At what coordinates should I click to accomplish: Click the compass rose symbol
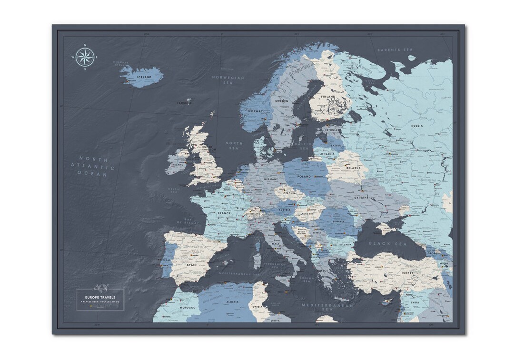(x=85, y=58)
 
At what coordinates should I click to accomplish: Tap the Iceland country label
(x=144, y=77)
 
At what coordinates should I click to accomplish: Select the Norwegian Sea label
(x=228, y=80)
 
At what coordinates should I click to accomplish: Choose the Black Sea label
(x=386, y=243)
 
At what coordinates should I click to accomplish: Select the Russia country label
(x=416, y=126)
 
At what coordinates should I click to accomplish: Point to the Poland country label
(x=304, y=177)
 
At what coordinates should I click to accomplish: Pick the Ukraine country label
(x=361, y=196)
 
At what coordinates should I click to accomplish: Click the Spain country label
(x=192, y=265)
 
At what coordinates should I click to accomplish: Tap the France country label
(x=224, y=214)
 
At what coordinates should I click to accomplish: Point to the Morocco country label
(x=188, y=308)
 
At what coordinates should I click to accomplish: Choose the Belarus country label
(x=353, y=168)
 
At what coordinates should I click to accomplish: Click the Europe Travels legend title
(x=100, y=297)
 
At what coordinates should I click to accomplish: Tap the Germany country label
(x=271, y=179)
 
